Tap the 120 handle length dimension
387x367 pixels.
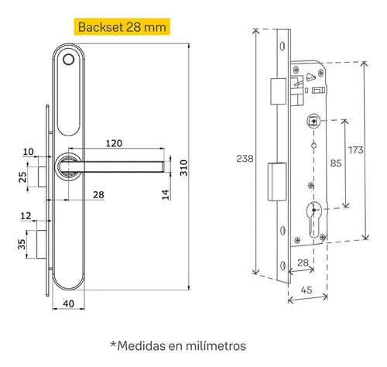[115, 143]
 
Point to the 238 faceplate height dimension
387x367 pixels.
[243, 157]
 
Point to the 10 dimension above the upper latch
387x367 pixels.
[29, 150]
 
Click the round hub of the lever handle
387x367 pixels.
[67, 165]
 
